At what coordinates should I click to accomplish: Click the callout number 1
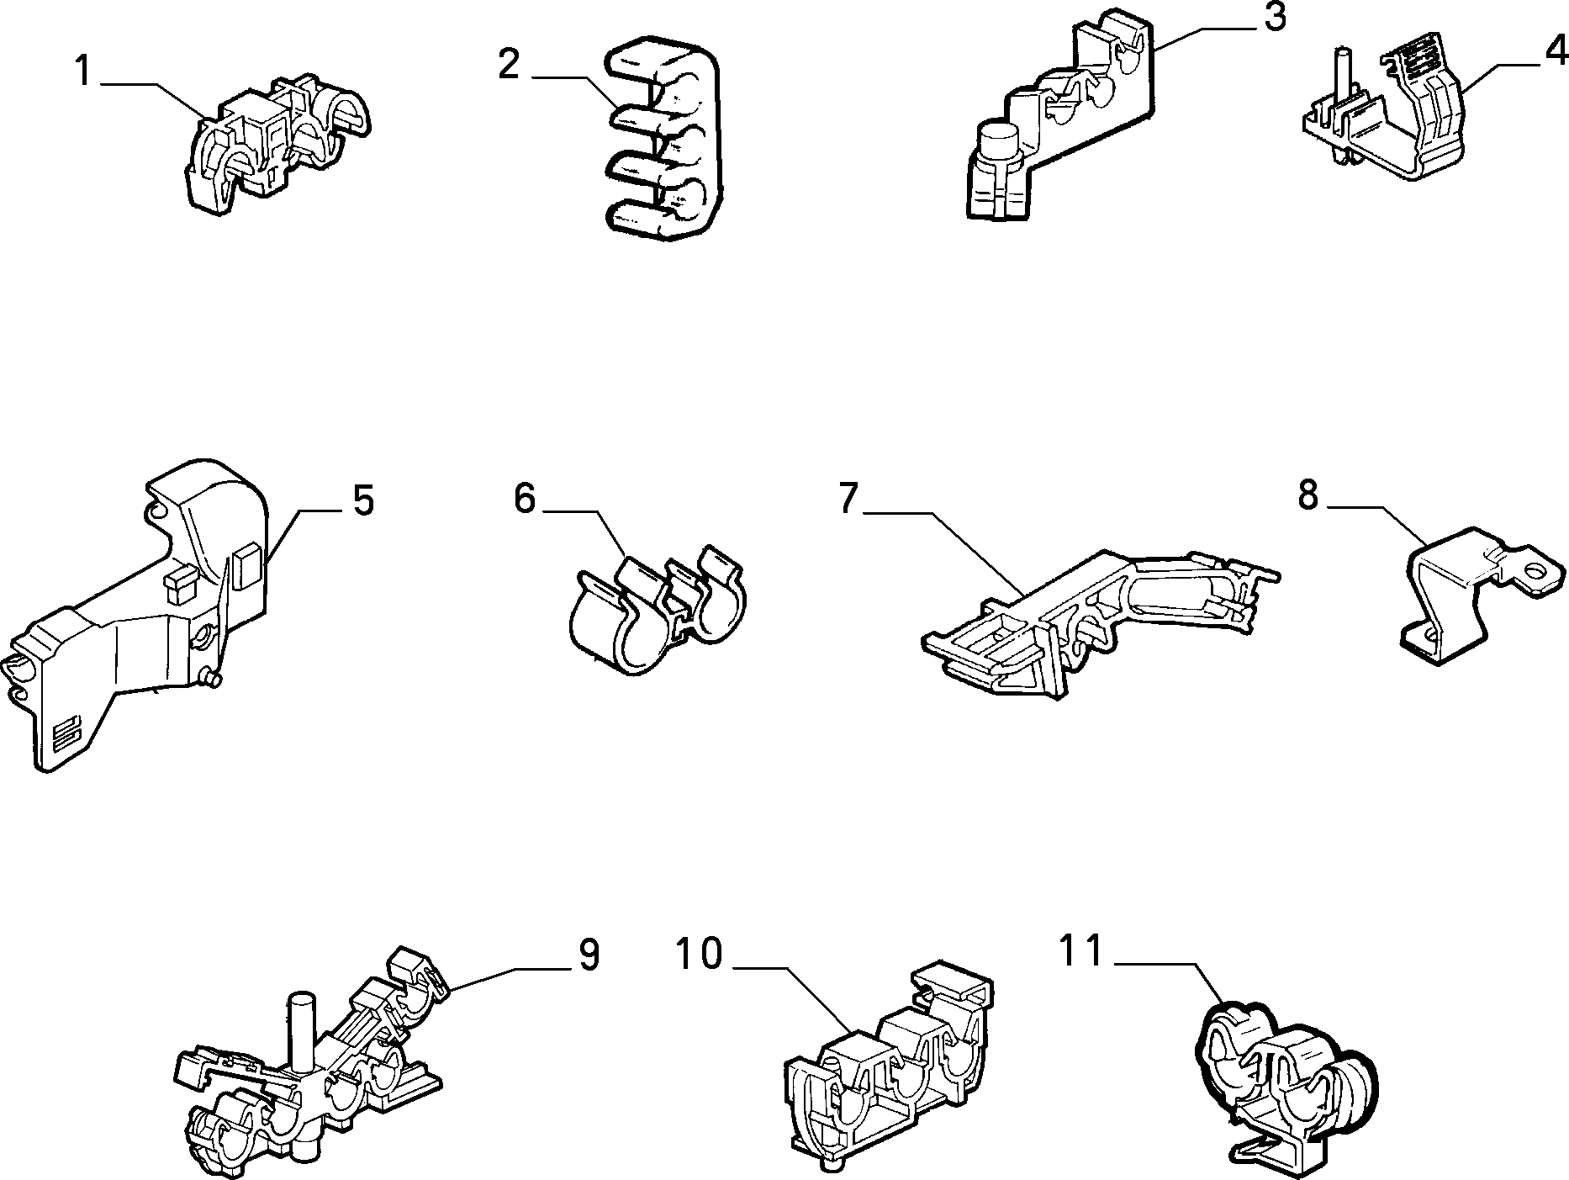point(82,71)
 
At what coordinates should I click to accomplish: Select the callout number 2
point(510,64)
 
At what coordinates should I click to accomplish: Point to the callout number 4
point(1556,52)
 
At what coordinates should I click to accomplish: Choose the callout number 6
point(524,499)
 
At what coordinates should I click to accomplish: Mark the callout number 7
point(848,500)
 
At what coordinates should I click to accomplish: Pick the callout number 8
point(1307,495)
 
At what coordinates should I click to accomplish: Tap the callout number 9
point(588,956)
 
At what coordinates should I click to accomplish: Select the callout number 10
point(700,954)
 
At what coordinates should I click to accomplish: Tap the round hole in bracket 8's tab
point(1537,575)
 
